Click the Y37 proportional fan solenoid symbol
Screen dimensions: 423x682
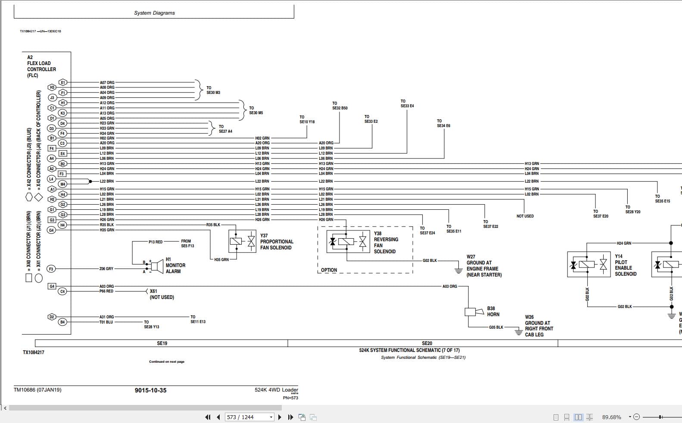point(242,241)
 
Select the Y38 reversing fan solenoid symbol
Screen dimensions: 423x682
point(348,242)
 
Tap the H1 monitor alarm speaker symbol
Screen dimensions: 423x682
point(155,267)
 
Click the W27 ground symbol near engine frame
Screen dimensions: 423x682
point(458,270)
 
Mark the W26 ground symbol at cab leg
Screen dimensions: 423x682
point(519,332)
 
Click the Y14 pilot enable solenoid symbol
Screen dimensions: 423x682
point(588,264)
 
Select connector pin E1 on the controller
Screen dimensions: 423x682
point(63,82)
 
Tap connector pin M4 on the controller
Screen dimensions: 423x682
point(63,184)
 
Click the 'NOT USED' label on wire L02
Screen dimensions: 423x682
point(525,216)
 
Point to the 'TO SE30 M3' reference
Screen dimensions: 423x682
point(213,90)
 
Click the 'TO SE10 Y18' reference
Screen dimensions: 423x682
point(307,119)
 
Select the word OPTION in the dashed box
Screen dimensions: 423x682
point(329,270)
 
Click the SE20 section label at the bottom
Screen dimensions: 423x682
point(427,343)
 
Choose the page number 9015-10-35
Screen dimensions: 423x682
point(150,390)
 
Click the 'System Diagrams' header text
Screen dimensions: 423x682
point(154,13)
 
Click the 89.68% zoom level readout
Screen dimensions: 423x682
point(611,417)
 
